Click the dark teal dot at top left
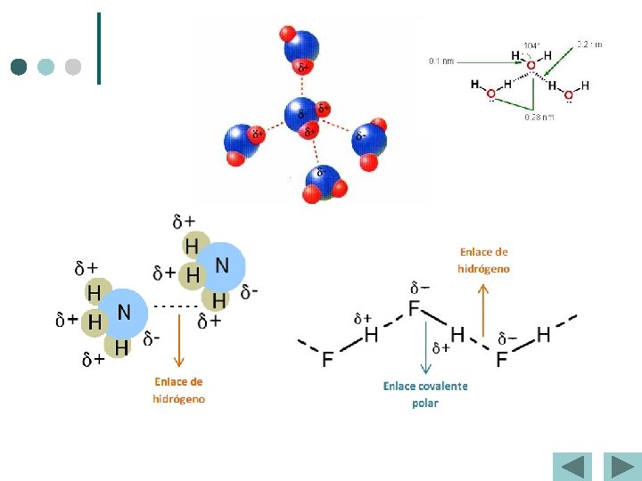pos(20,67)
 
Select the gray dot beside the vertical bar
pos(73,67)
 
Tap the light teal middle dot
pos(46,67)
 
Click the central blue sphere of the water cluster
pos(300,113)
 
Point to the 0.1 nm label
pos(441,61)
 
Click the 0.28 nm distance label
pos(539,117)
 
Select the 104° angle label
pos(531,45)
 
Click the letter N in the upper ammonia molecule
pos(222,265)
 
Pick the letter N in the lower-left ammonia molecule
pos(125,312)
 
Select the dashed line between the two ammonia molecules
pos(177,305)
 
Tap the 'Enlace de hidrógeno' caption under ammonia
pos(178,390)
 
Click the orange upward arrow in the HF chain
pos(483,312)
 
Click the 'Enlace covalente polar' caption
pos(425,394)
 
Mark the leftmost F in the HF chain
pos(327,358)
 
